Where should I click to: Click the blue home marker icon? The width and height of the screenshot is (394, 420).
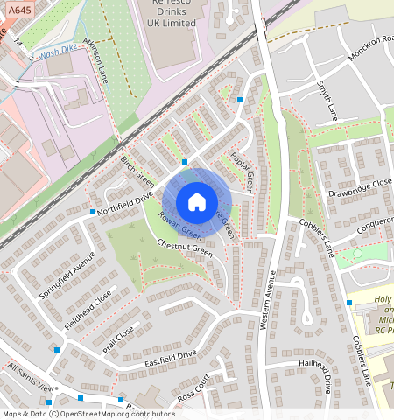click(197, 202)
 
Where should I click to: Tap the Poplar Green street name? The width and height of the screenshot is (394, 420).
click(243, 171)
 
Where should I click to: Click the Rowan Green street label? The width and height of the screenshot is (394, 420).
click(179, 226)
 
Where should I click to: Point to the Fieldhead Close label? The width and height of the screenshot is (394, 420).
click(88, 311)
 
